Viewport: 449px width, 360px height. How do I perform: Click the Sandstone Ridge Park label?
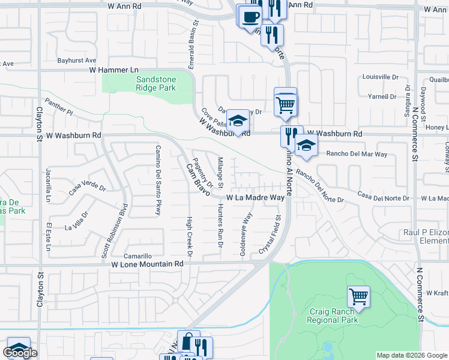pyautogui.click(x=147, y=83)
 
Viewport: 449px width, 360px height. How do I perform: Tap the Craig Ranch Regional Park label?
pyautogui.click(x=334, y=316)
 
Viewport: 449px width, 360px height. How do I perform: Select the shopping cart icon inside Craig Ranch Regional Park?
pyautogui.click(x=358, y=296)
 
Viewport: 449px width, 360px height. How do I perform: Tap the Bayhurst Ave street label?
pyautogui.click(x=77, y=61)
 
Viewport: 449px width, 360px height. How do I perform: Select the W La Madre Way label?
pyautogui.click(x=255, y=197)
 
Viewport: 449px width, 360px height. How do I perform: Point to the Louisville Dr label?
pyautogui.click(x=381, y=77)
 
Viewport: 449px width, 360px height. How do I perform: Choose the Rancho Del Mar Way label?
pyautogui.click(x=357, y=154)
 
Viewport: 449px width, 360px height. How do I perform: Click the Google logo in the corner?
pyautogui.click(x=21, y=353)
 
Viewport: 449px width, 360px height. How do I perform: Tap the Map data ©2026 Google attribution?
pyautogui.click(x=412, y=355)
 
